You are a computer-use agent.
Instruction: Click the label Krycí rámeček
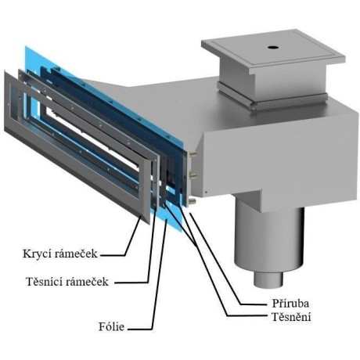tap(60, 254)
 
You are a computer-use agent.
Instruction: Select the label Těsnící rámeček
tap(67, 282)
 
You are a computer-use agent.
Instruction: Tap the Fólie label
tap(111, 326)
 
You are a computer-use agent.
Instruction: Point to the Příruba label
tap(290, 304)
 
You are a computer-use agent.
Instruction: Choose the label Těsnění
tap(291, 317)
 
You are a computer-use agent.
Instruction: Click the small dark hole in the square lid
tap(273, 48)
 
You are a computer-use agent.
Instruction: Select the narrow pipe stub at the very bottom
tap(268, 279)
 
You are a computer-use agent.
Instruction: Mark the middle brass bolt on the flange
tap(194, 176)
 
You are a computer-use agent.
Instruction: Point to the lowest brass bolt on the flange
tap(193, 200)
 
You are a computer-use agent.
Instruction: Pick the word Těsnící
tap(45, 282)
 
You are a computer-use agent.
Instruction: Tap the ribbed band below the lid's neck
tap(272, 97)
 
